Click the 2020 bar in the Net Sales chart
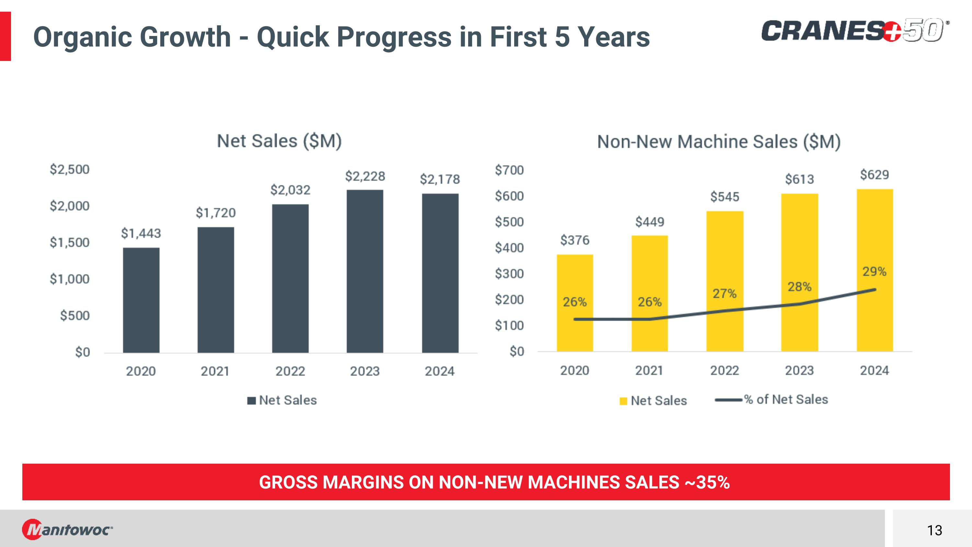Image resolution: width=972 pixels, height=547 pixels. click(x=141, y=300)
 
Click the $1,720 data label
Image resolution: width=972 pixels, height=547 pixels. click(x=215, y=213)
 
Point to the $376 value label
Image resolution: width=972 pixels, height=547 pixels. click(x=575, y=240)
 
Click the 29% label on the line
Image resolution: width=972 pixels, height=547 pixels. click(x=874, y=271)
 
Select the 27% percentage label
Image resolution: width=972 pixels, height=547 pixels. click(x=724, y=293)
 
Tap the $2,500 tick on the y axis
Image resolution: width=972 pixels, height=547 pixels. click(x=70, y=170)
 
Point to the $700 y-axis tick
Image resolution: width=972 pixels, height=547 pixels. click(x=509, y=170)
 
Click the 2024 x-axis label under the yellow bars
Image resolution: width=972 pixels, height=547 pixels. click(x=874, y=371)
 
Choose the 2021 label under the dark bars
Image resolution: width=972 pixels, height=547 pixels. click(x=215, y=372)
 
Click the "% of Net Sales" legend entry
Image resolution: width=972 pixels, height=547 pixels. click(x=786, y=399)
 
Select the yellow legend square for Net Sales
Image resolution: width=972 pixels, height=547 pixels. click(x=623, y=401)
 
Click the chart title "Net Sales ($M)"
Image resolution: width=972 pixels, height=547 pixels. click(x=279, y=141)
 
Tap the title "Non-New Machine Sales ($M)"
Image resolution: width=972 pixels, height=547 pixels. click(x=719, y=142)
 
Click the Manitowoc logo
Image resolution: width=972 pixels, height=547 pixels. click(x=67, y=529)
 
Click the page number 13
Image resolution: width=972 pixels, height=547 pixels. click(x=935, y=530)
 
